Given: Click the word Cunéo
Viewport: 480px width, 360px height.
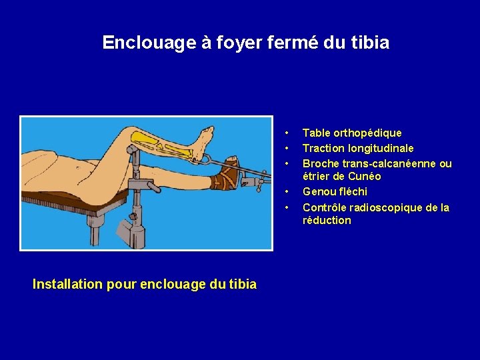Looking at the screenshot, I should tap(365, 177).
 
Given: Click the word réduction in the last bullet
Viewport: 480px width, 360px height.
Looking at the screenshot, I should tap(327, 221).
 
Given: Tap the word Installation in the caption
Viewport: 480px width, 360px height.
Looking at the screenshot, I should tap(67, 284).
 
